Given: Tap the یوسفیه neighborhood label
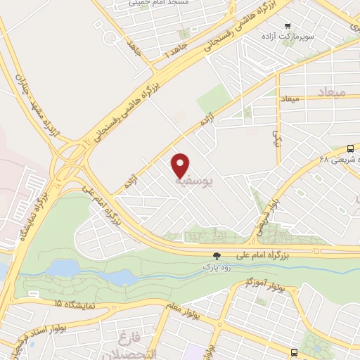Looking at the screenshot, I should coord(195,180).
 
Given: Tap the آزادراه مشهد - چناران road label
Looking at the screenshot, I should coord(26,99).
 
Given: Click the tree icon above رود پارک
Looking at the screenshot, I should coord(217,257).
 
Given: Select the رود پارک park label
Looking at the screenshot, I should coord(217,268).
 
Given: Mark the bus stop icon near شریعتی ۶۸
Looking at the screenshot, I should coord(350,148).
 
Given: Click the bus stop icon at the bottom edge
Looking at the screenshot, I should coord(293,353).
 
